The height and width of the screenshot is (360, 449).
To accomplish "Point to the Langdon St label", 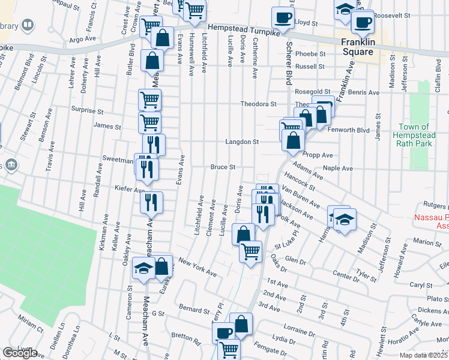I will tap(241, 142).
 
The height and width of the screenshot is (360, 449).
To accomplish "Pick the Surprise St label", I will tap(89, 112).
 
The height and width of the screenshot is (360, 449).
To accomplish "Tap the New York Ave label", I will tap(197, 268).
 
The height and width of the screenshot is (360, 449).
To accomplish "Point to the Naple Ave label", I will tap(338, 169).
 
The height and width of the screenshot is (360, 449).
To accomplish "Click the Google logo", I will tap(20, 353).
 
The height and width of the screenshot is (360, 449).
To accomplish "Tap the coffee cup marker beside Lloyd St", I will tap(283, 17).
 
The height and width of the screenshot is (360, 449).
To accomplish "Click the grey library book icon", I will tap(27, 25).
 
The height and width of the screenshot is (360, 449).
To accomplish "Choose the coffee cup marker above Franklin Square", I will tap(361, 22).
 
